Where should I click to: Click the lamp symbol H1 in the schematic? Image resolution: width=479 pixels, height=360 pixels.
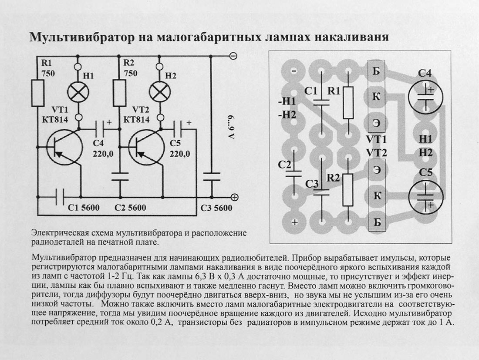coord(78,92)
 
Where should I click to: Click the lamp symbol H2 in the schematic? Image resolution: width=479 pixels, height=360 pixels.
coord(159,92)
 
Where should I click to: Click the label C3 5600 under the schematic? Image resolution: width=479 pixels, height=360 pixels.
coord(216,208)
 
